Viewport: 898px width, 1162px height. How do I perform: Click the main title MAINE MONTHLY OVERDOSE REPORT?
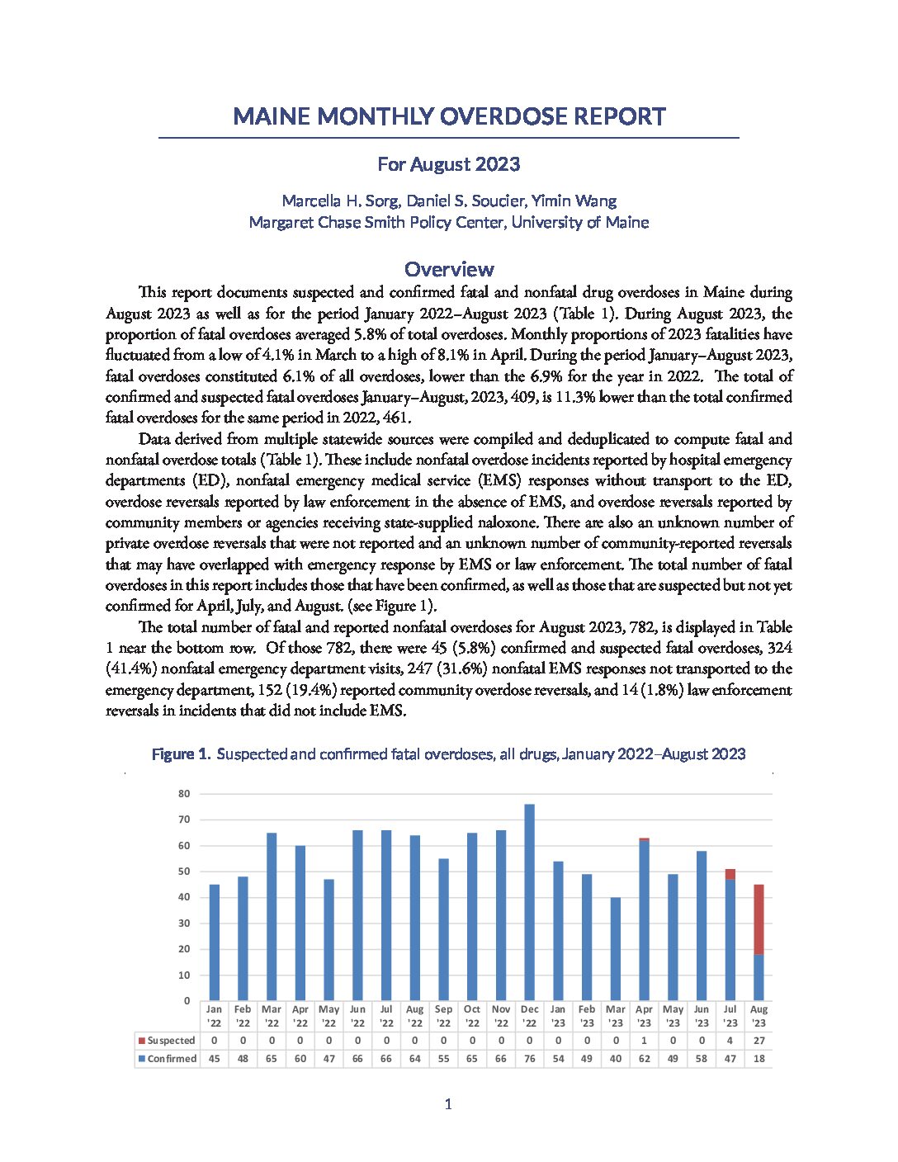click(x=449, y=116)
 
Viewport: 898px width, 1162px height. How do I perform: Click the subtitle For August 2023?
click(x=449, y=164)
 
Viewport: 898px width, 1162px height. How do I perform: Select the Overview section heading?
click(x=449, y=269)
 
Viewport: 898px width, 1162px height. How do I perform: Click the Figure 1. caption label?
click(x=182, y=754)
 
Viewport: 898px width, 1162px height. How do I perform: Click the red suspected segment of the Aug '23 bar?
click(x=759, y=919)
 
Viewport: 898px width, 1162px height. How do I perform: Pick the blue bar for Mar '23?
click(x=616, y=949)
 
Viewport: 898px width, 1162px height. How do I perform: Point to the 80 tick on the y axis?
click(x=184, y=794)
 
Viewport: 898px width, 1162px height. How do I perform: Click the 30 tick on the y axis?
click(x=184, y=923)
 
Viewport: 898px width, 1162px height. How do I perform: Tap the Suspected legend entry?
click(x=168, y=1041)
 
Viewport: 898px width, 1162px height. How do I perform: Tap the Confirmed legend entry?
click(x=168, y=1059)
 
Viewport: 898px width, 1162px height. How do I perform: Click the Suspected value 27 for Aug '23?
click(x=759, y=1041)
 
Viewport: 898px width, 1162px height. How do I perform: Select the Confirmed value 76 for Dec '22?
click(x=529, y=1059)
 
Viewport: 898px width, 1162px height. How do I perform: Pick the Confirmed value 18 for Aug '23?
click(x=759, y=1059)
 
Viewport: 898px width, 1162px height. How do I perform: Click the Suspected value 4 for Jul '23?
click(x=730, y=1041)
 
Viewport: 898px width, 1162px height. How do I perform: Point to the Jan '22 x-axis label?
click(x=214, y=1016)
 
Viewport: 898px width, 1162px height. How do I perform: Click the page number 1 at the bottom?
click(x=448, y=1104)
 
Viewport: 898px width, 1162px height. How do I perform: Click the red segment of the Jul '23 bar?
click(x=730, y=874)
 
